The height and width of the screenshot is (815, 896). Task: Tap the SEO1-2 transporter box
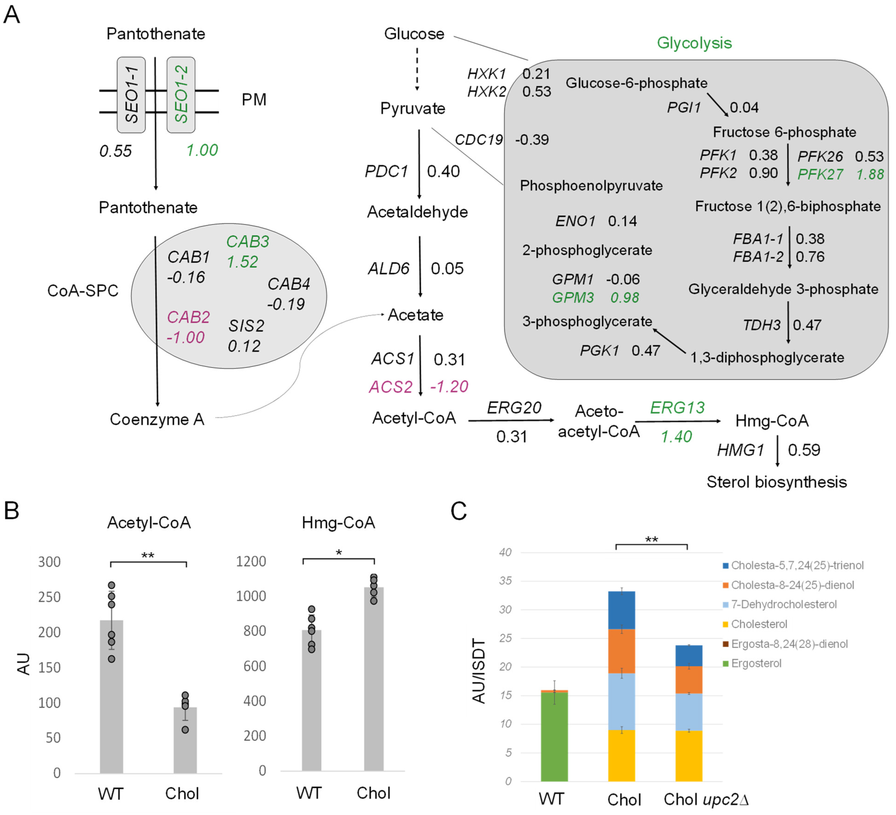[181, 95]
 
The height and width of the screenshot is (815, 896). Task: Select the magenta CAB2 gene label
[188, 317]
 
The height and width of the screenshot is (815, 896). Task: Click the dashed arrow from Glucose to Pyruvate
[417, 69]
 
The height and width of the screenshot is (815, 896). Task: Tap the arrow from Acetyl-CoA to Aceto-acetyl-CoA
[511, 420]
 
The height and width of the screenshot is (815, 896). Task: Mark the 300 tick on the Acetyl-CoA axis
[49, 562]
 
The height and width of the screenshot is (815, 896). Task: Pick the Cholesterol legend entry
[759, 624]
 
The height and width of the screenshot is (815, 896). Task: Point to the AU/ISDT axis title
[479, 671]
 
